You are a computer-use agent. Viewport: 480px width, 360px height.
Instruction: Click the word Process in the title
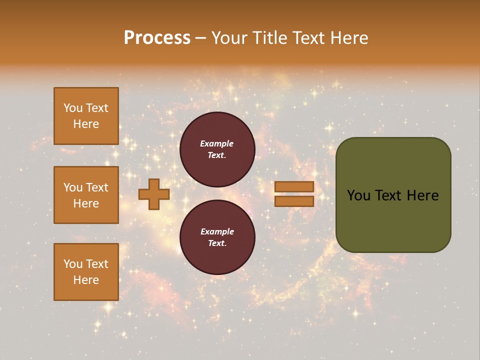pos(157,38)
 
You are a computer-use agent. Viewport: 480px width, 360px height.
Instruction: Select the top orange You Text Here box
pos(86,116)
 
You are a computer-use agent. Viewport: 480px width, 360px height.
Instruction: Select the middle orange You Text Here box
pos(86,195)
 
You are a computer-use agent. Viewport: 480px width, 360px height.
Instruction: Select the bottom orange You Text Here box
pos(86,272)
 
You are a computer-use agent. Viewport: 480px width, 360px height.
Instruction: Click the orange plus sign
pos(154,194)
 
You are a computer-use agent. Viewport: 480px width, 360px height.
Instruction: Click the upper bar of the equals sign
pos(294,186)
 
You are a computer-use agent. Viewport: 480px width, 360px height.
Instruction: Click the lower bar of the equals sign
pos(294,201)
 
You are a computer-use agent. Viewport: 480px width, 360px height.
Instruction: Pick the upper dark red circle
pos(217,149)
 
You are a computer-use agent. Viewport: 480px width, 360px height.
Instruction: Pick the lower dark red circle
pos(217,237)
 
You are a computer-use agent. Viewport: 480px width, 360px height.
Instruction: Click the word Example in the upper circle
pos(216,143)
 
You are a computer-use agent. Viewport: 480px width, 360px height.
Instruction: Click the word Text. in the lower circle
pos(216,243)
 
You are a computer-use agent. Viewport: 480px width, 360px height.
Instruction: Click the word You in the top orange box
pos(73,108)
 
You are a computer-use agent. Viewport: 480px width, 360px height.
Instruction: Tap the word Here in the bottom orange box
pos(86,280)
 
